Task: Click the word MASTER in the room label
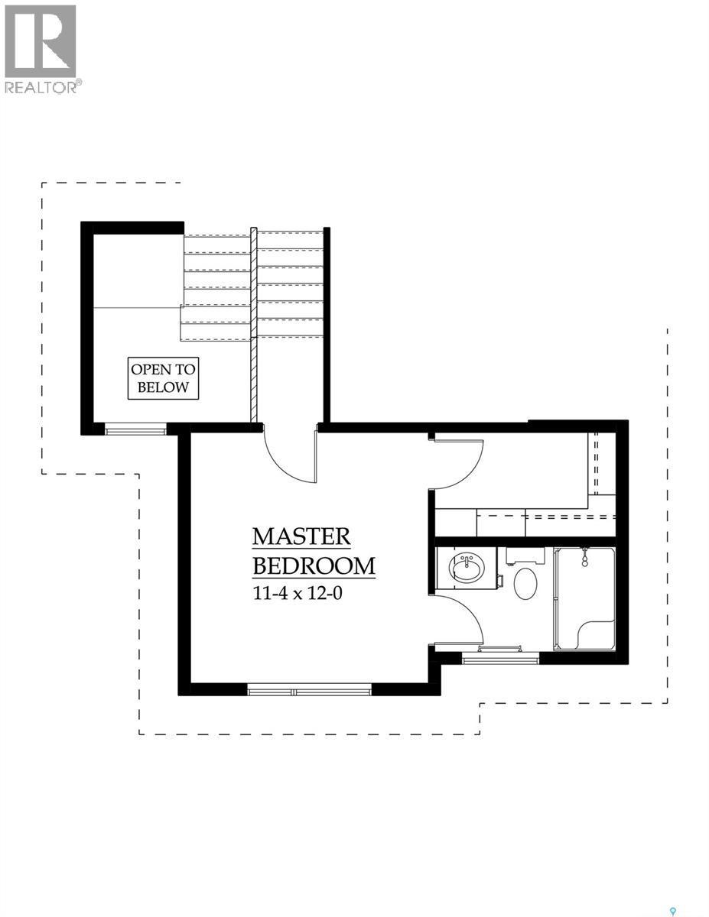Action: click(x=301, y=536)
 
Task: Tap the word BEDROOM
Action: click(x=314, y=566)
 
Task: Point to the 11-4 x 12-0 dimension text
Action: click(x=297, y=593)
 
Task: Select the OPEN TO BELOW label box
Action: click(x=163, y=377)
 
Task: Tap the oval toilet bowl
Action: click(x=525, y=583)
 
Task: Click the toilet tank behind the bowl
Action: click(x=525, y=554)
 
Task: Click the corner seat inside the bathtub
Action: click(x=596, y=634)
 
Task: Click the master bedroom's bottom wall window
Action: click(x=309, y=690)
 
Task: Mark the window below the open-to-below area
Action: click(x=135, y=430)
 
